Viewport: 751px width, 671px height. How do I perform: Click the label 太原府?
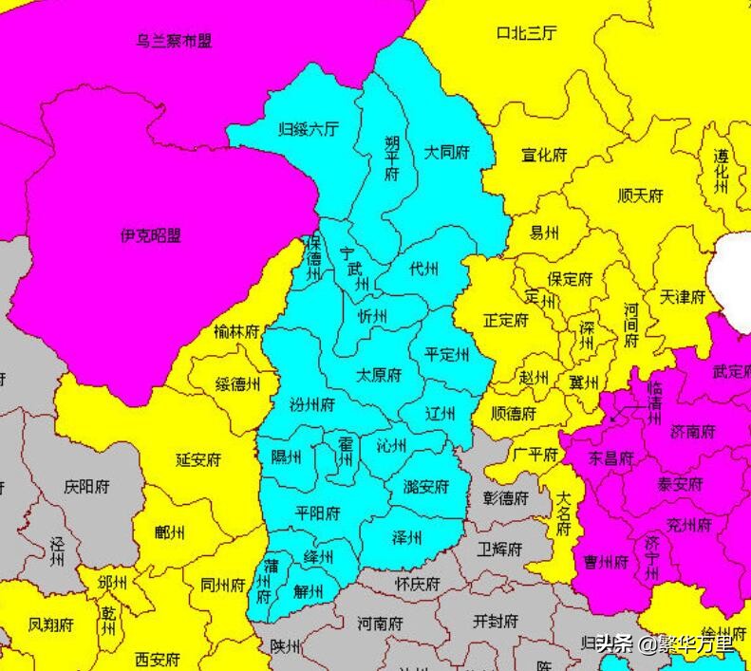click(379, 375)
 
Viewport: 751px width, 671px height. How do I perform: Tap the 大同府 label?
click(446, 152)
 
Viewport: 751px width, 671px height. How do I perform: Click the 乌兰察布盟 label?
click(174, 41)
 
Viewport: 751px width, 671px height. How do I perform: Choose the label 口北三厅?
click(527, 33)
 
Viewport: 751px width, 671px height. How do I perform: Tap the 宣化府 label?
click(544, 155)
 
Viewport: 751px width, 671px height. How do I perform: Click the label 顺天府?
click(640, 196)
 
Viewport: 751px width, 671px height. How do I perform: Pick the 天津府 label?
click(684, 297)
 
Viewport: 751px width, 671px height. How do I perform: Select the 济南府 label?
click(693, 432)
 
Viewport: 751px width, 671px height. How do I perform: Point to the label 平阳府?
click(317, 513)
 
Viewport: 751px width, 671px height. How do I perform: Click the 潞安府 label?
click(426, 487)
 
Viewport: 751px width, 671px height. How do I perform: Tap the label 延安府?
click(198, 459)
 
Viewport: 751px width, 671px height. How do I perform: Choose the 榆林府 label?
click(236, 332)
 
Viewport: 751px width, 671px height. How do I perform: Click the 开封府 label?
click(495, 622)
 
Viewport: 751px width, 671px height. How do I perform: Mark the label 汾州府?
click(312, 405)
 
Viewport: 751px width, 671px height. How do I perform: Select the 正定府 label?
click(505, 321)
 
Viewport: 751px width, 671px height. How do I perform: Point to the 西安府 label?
click(158, 659)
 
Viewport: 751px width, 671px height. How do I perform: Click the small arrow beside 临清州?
click(619, 414)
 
